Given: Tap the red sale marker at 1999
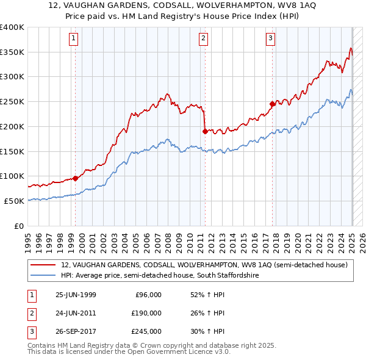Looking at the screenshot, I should point(76,178).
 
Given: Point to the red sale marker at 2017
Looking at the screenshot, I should point(273,104).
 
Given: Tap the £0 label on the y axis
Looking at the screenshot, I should point(18,226).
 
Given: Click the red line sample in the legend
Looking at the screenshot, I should point(43,265).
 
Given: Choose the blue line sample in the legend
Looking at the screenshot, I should point(43,275).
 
